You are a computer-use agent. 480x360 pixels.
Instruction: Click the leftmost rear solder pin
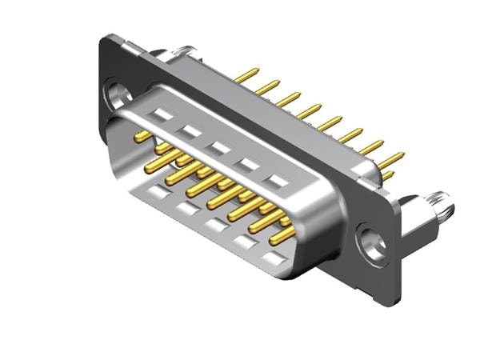pyautogui.click(x=245, y=75)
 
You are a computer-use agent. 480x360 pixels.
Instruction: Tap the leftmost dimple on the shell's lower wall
pyautogui.click(x=153, y=190)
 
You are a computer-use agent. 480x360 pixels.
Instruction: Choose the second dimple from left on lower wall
pyautogui.click(x=185, y=210)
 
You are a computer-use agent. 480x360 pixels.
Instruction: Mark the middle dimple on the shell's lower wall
pyautogui.click(x=214, y=225)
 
